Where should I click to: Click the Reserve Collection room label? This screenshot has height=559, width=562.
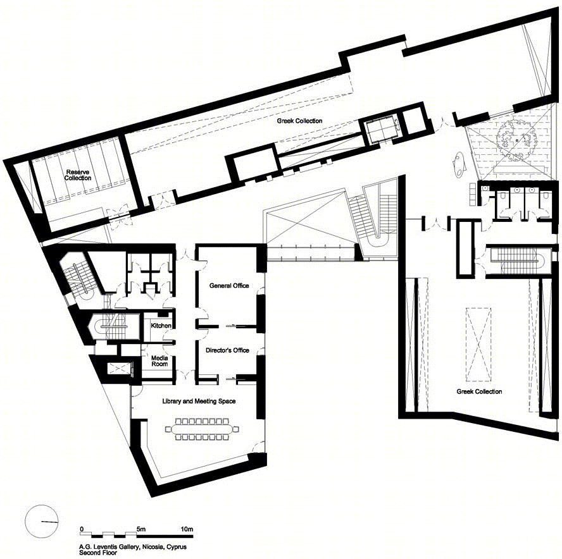(78, 175)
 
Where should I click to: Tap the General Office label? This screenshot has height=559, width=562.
(229, 285)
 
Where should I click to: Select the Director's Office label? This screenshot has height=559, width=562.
(227, 350)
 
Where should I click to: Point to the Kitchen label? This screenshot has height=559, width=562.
(161, 326)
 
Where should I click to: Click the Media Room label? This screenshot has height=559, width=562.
(159, 361)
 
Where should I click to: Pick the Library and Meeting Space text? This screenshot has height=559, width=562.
(199, 401)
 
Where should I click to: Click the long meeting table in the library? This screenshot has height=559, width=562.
(202, 428)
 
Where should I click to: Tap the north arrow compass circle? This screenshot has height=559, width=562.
(42, 521)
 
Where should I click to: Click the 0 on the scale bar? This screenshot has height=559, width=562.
(82, 529)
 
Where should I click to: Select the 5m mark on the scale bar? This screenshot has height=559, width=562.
(141, 529)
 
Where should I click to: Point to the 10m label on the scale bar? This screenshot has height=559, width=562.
(187, 529)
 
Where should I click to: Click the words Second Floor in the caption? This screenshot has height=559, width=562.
(98, 553)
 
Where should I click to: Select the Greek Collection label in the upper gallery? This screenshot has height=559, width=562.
(299, 121)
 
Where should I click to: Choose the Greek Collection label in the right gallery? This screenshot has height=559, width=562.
(479, 391)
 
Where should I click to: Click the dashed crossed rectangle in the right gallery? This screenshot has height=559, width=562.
(479, 344)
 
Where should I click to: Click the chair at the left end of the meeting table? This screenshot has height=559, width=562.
(169, 429)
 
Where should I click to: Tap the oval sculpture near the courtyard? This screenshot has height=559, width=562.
(458, 164)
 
